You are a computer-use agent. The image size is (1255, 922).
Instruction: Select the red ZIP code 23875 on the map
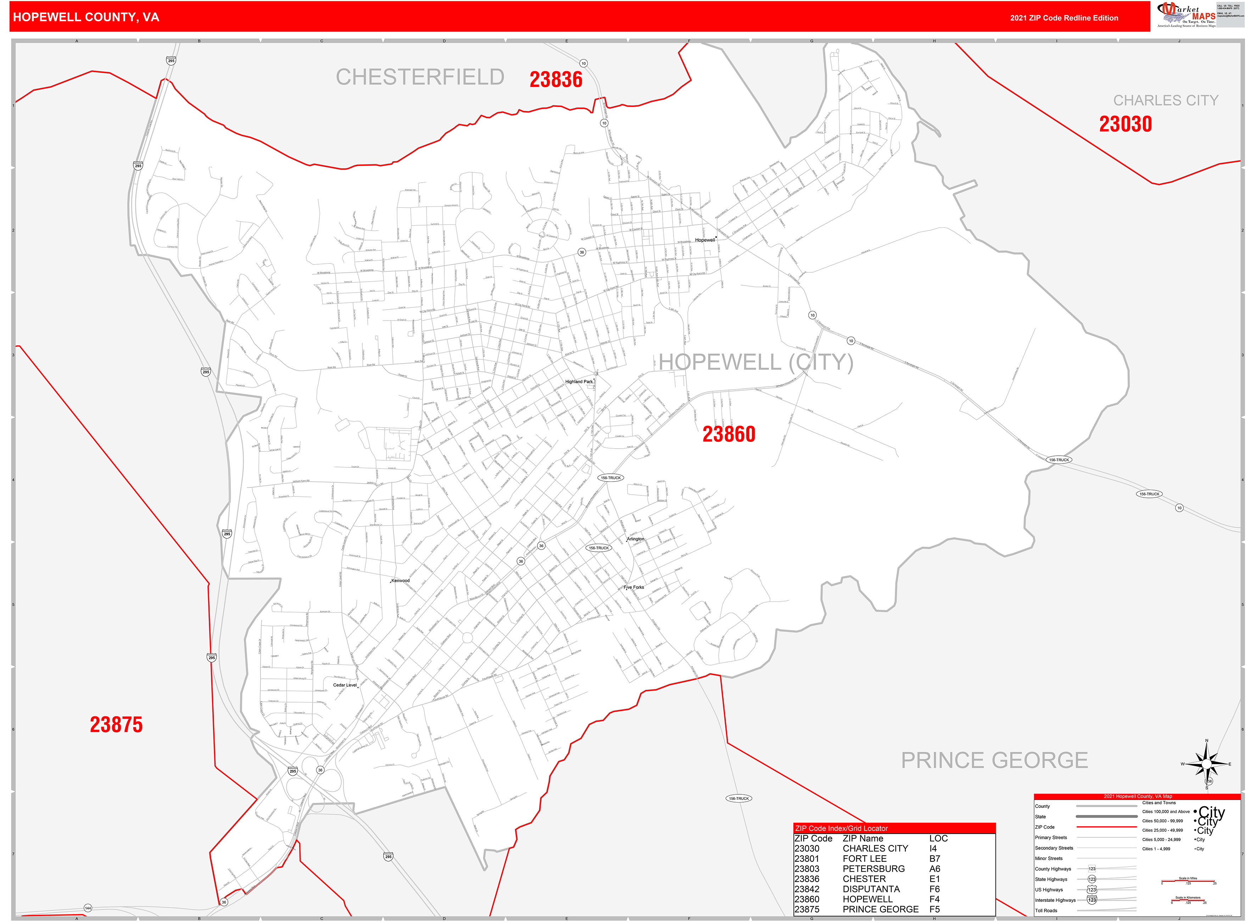click(116, 724)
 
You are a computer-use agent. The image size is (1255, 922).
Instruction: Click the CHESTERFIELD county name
click(420, 77)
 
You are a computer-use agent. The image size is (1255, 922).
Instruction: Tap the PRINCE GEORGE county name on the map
click(994, 760)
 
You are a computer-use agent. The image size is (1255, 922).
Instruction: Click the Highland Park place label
click(579, 382)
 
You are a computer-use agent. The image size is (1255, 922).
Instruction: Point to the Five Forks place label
click(634, 587)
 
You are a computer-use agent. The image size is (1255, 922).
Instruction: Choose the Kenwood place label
click(400, 581)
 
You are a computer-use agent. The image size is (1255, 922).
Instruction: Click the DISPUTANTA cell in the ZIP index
click(871, 889)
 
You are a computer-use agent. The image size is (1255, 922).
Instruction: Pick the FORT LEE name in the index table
click(864, 859)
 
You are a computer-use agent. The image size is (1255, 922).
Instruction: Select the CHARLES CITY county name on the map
click(1166, 100)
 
